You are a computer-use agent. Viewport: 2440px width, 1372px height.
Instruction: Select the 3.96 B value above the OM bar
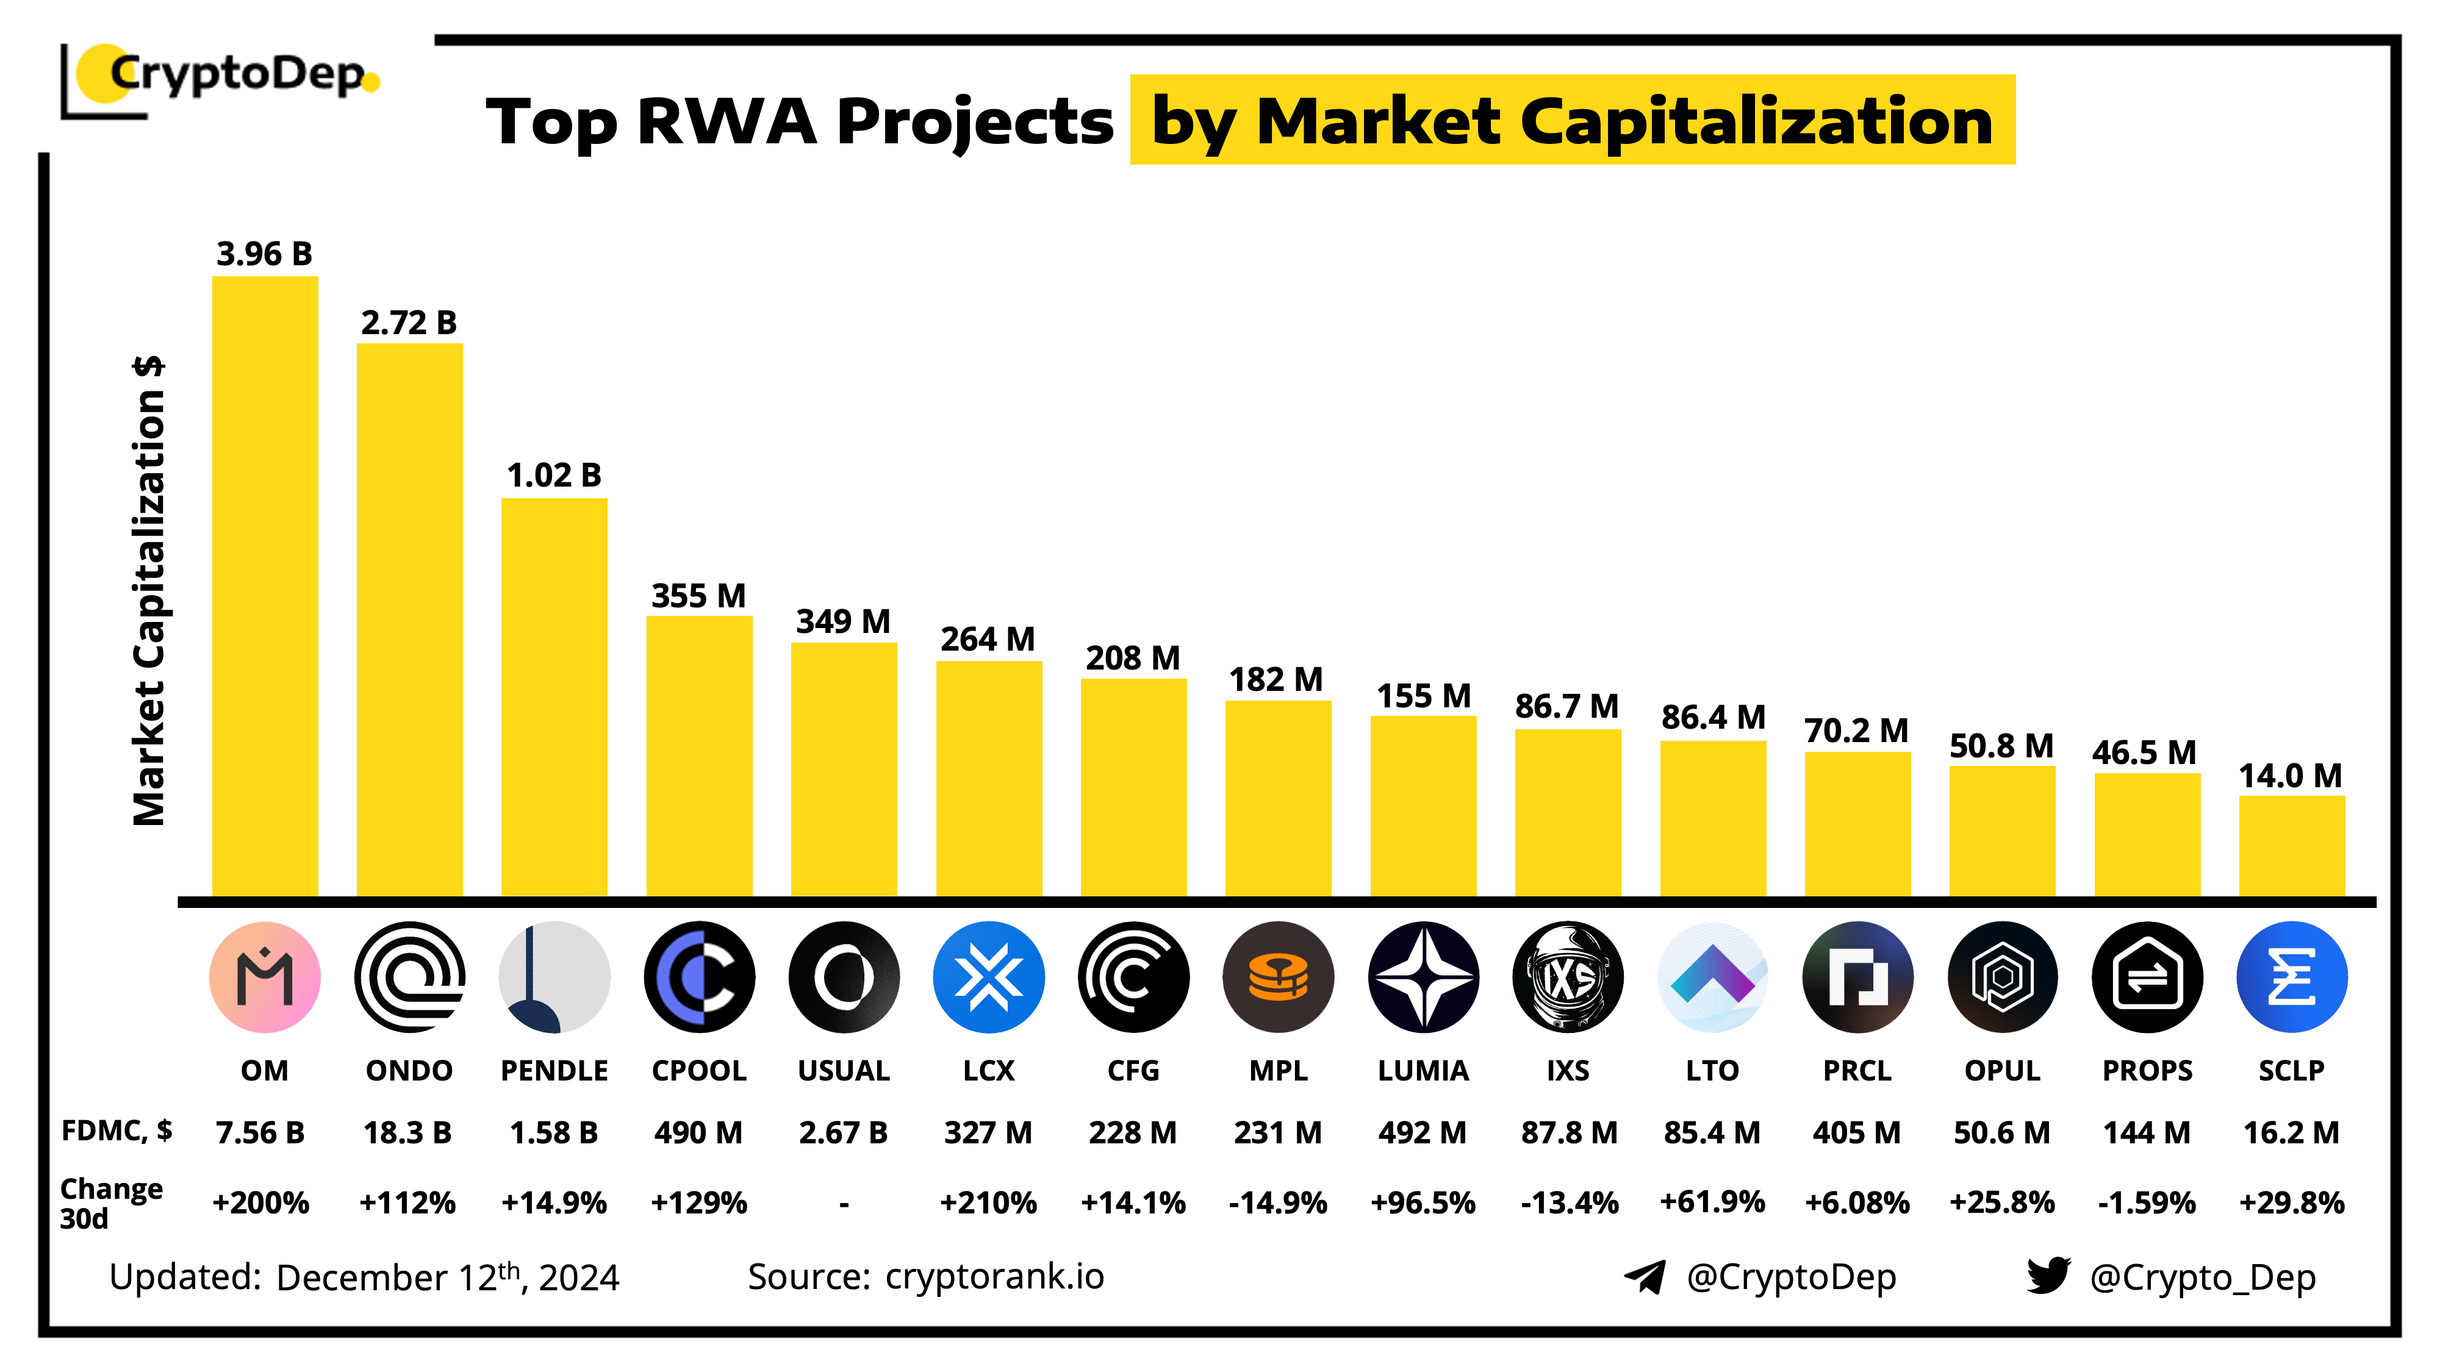tap(264, 254)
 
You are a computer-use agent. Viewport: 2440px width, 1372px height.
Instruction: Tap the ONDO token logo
tap(409, 976)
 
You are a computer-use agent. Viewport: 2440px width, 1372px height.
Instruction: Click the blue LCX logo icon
tap(989, 976)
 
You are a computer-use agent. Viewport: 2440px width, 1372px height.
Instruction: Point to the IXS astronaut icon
tap(1568, 976)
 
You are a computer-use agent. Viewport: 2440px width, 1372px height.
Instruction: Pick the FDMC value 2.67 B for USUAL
tap(843, 1132)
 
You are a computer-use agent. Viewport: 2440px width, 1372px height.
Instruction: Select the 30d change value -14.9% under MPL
tap(1278, 1202)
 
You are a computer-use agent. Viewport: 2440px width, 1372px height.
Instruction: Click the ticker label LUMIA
tap(1423, 1070)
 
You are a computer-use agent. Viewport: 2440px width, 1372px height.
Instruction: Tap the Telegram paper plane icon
tap(1645, 1276)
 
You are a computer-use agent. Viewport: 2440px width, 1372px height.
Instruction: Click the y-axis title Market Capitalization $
tap(149, 591)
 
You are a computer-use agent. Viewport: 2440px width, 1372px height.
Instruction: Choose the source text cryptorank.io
tap(994, 1276)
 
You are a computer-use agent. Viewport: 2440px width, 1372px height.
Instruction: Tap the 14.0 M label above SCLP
tap(2291, 776)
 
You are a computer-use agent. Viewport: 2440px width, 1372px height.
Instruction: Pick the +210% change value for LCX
tap(988, 1202)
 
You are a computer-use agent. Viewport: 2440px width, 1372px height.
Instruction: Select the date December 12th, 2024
tap(448, 1277)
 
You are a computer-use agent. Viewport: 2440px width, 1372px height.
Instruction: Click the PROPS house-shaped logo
tap(2147, 976)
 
